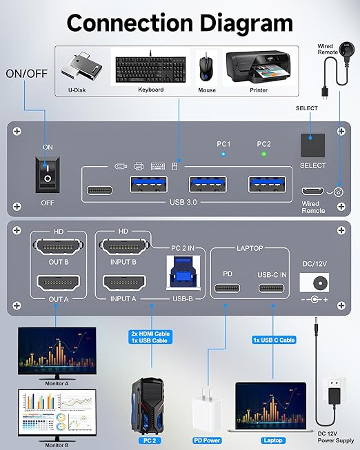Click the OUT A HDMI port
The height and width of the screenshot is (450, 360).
pos(57,283)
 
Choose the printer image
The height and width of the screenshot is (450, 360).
pos(257,67)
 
